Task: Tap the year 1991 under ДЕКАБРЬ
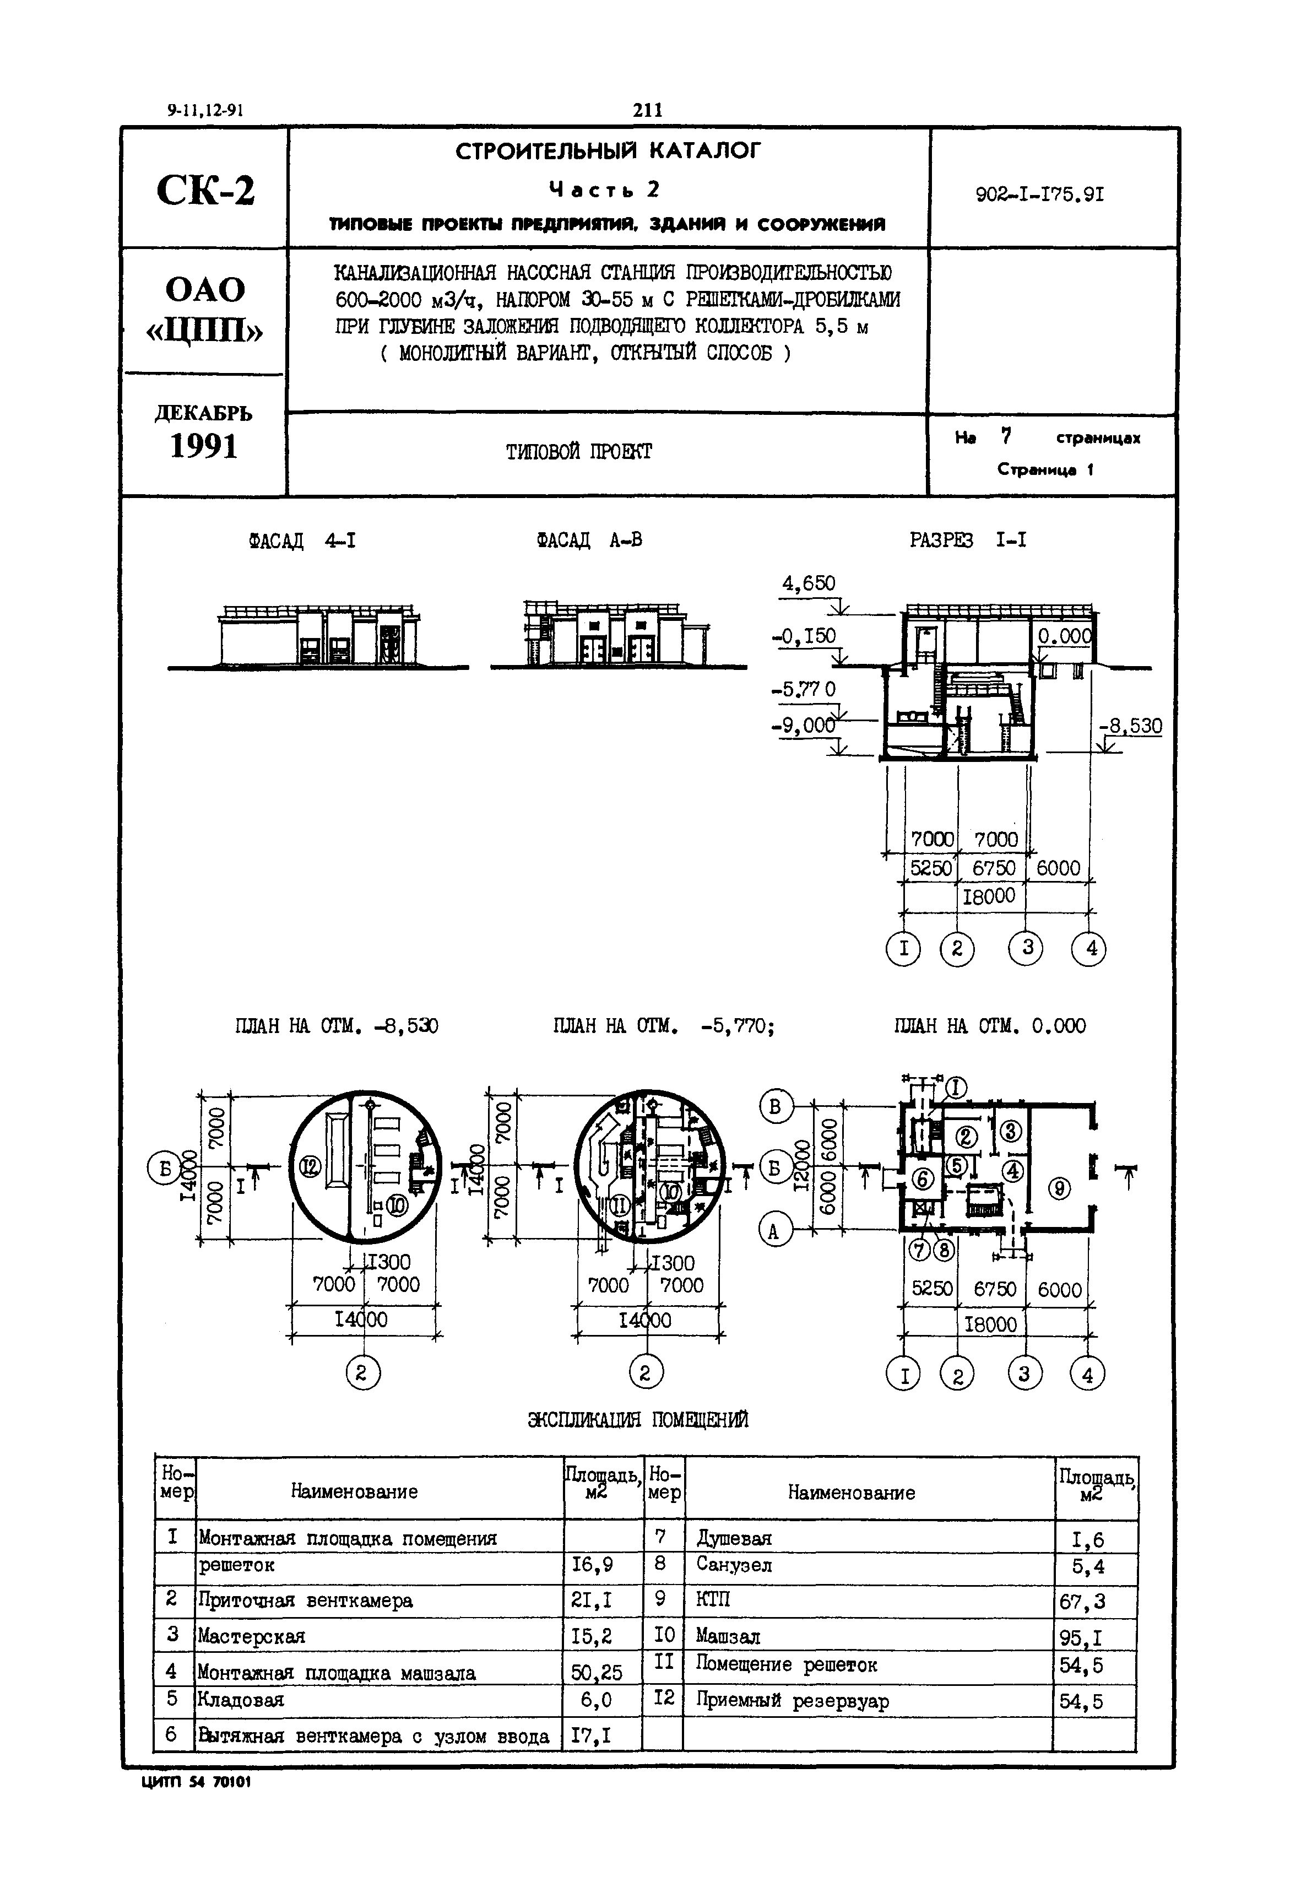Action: pyautogui.click(x=204, y=446)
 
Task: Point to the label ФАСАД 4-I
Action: pyautogui.click(x=302, y=540)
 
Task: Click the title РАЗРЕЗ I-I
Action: pyautogui.click(x=968, y=540)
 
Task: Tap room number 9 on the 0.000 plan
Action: pyautogui.click(x=1058, y=1189)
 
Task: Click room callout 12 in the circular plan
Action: pyautogui.click(x=310, y=1166)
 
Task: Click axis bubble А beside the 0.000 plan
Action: pyautogui.click(x=773, y=1231)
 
